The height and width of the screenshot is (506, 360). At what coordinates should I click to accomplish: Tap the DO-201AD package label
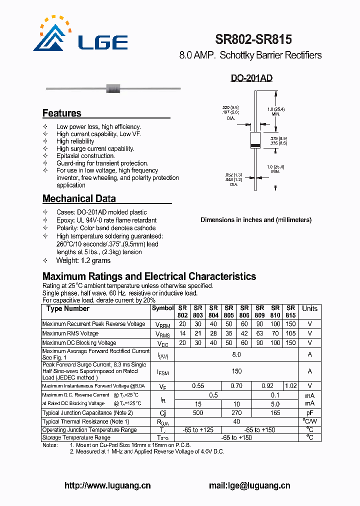click(251, 78)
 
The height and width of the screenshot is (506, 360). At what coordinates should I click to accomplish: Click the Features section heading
click(62, 113)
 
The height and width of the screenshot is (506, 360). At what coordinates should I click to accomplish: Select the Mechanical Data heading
click(79, 198)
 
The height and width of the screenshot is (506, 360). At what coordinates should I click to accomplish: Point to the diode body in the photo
click(113, 89)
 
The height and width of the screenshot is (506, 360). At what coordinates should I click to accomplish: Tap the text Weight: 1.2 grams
click(83, 260)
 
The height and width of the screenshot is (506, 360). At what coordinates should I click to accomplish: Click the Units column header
click(309, 308)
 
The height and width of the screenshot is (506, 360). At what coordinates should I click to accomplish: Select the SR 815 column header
click(290, 311)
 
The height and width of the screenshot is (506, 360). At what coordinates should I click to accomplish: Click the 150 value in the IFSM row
click(236, 371)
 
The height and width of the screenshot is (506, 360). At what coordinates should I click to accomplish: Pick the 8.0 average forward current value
click(236, 354)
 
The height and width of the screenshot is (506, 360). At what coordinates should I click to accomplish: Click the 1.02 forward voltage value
click(290, 386)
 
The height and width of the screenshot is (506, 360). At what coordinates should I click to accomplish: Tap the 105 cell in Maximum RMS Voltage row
click(290, 333)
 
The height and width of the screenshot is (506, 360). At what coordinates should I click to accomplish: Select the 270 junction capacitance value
click(236, 413)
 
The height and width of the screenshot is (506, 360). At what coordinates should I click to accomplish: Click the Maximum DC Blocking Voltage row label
click(79, 343)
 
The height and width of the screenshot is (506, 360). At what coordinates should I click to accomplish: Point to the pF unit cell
click(309, 413)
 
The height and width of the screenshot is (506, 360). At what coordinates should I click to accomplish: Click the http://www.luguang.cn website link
click(107, 485)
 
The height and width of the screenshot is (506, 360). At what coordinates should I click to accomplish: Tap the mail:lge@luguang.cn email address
click(249, 485)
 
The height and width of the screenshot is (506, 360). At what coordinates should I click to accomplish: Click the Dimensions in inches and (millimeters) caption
click(256, 220)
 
